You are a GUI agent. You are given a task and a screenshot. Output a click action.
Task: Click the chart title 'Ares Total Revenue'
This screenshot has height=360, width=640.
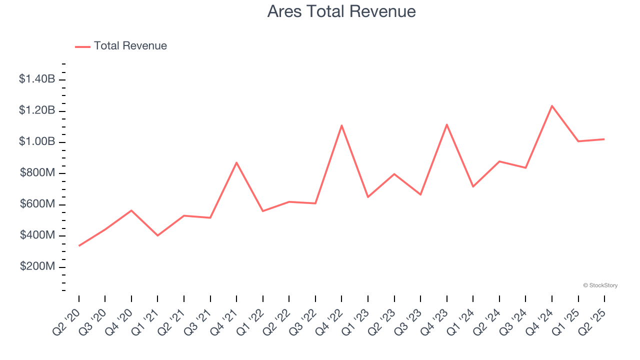click(341, 11)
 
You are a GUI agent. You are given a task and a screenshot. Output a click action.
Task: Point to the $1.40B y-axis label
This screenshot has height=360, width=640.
click(37, 79)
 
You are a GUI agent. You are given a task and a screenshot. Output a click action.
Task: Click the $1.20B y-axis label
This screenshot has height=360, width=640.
click(37, 110)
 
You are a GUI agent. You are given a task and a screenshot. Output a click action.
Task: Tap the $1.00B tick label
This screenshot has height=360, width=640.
click(37, 142)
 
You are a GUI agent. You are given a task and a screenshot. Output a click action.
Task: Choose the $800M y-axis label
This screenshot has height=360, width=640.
click(37, 173)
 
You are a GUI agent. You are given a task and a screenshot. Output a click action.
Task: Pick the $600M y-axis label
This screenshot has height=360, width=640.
click(37, 204)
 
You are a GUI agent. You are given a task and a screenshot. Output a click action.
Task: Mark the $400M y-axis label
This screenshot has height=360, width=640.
click(37, 235)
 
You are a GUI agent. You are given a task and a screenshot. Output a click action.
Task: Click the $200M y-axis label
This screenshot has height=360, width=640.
click(37, 267)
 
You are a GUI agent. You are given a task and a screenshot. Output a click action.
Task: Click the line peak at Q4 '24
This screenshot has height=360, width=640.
click(552, 106)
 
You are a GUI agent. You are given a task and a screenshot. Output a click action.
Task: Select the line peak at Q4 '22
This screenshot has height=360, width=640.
click(341, 125)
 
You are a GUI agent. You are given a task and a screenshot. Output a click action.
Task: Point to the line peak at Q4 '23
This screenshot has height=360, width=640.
click(446, 124)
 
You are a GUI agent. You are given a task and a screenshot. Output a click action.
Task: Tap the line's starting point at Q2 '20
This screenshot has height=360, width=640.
click(79, 245)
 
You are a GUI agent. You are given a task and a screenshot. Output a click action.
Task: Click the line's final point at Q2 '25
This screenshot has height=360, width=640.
click(604, 139)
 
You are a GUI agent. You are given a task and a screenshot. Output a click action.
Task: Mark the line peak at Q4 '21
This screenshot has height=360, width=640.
click(236, 162)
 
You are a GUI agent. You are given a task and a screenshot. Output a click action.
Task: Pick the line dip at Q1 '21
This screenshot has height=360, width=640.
click(157, 235)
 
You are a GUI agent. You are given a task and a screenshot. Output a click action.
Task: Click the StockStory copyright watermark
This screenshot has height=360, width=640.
click(600, 285)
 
